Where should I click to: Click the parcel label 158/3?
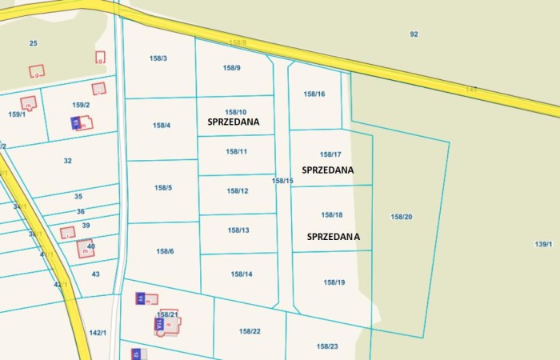tap(158, 58)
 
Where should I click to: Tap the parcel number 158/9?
tap(233, 68)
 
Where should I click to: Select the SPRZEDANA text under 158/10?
tap(234, 122)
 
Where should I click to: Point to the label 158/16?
tap(314, 94)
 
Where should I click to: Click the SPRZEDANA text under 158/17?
tap(328, 170)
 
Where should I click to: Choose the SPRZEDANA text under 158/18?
tap(333, 237)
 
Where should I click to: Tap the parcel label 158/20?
tap(402, 217)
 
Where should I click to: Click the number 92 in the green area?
tap(414, 34)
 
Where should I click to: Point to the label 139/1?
tap(543, 244)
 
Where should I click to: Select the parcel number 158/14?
tap(242, 274)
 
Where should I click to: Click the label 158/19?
tap(334, 282)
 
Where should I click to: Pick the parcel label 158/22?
tap(250, 331)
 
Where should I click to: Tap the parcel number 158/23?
tap(327, 346)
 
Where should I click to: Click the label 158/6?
tap(165, 251)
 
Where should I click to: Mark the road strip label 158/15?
tap(282, 181)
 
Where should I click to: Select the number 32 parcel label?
tap(68, 161)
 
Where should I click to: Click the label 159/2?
tap(81, 105)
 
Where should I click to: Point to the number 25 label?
tap(33, 43)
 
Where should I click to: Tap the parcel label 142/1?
tap(98, 333)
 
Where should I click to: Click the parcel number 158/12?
tap(238, 191)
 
